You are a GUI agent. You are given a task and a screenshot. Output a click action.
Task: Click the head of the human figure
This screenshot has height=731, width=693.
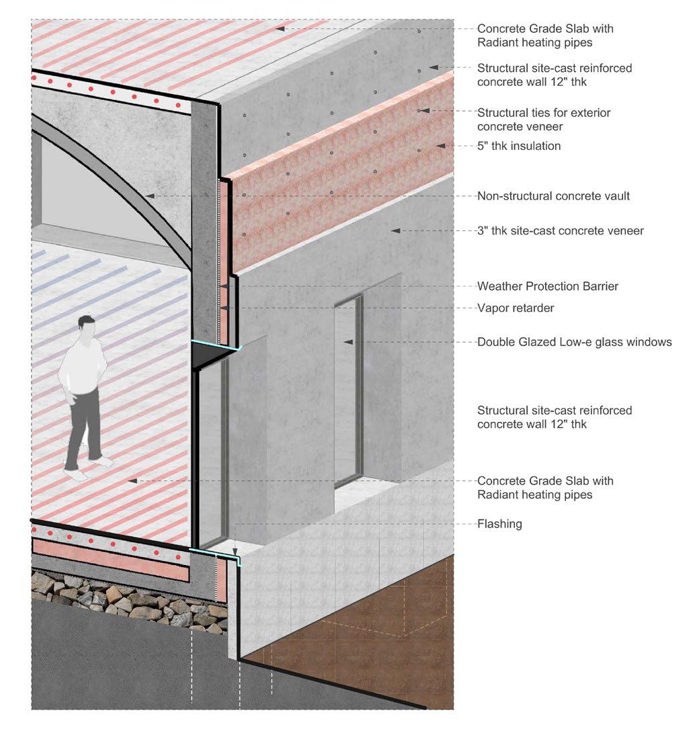(86, 325)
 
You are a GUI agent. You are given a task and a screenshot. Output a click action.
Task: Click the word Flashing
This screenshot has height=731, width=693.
(499, 523)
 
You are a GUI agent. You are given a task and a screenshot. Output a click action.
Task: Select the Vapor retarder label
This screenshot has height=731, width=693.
(516, 308)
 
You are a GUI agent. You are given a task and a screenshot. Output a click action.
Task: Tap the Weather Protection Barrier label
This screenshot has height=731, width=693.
(547, 286)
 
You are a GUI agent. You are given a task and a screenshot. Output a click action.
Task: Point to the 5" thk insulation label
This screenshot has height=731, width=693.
(519, 146)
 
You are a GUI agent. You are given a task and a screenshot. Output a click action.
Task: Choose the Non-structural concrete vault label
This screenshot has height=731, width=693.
(553, 196)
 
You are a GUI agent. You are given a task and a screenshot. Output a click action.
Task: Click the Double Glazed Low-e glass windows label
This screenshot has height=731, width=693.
(574, 342)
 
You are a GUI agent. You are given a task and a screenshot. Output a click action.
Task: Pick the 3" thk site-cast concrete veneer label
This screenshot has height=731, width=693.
(561, 231)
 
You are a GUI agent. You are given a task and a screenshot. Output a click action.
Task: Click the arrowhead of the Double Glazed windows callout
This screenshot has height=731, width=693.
(348, 342)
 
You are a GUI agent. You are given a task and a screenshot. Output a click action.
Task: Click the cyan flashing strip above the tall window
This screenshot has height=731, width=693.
(215, 345)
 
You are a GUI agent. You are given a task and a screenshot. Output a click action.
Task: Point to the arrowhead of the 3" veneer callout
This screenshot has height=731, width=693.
(397, 230)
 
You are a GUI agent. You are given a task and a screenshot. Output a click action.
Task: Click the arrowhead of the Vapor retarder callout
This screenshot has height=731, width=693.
(223, 308)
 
